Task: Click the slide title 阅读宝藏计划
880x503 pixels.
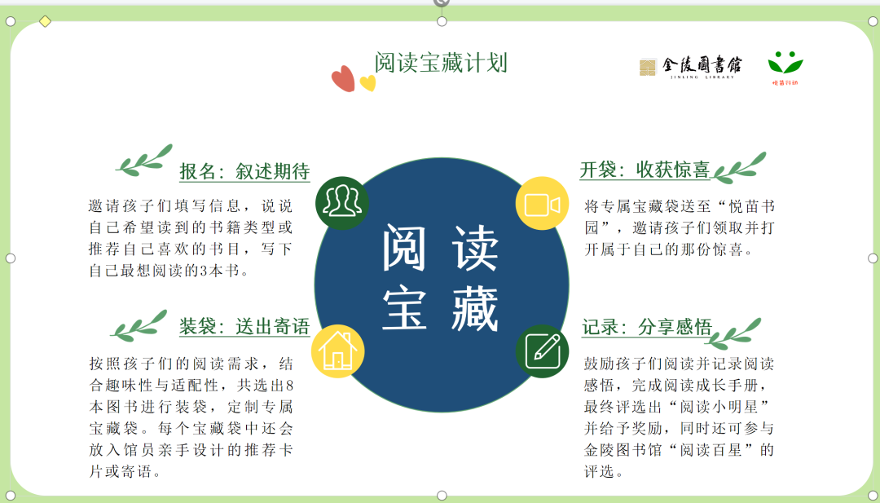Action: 441,62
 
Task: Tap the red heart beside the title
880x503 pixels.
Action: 343,78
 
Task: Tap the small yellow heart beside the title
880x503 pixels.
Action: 367,83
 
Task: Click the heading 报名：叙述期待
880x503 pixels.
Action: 244,171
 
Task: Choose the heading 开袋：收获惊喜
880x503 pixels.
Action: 645,170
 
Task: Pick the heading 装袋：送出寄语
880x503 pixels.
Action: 244,326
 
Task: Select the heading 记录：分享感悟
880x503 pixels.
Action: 646,327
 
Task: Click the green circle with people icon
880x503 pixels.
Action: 342,203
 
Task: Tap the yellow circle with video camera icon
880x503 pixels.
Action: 542,203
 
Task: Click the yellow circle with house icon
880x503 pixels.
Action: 338,351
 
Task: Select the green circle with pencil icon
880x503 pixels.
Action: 542,351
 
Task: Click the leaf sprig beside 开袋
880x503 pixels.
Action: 738,168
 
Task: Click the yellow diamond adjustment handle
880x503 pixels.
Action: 45,21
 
